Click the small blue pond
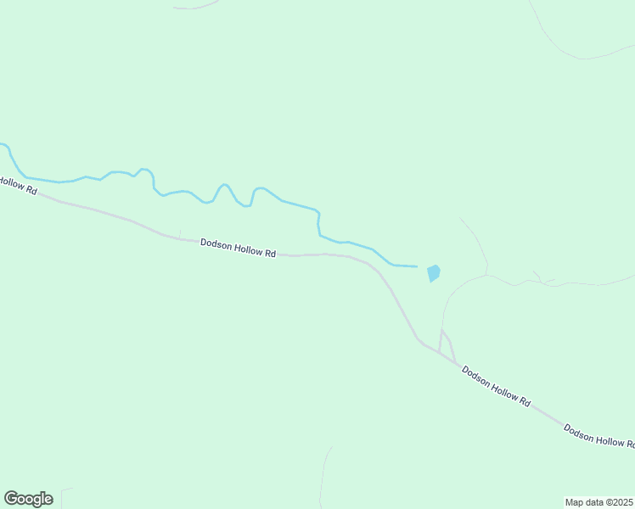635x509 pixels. point(434,273)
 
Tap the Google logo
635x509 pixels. point(28,499)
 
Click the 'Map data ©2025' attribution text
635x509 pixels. point(598,501)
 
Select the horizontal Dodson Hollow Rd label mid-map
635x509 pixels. point(239,248)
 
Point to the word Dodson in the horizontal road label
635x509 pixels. point(216,244)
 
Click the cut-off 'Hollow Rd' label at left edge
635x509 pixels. point(18,185)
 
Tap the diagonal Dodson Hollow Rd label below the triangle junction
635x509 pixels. point(496,387)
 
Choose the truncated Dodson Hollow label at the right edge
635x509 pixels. point(599,436)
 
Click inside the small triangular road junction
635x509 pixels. point(445,344)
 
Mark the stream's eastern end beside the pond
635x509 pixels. point(415,266)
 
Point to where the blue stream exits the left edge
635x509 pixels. point(3,145)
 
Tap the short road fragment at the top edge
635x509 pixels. point(195,8)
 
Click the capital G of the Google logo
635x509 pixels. point(11,499)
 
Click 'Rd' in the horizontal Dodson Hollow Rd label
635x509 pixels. point(271,253)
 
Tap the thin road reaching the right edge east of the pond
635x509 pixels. point(594,282)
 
